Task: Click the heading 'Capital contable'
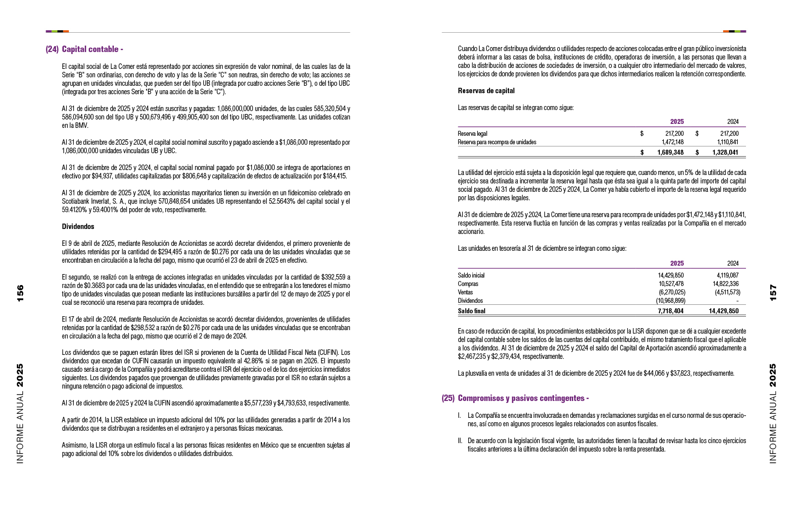click(x=92, y=49)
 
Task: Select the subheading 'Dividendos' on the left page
click(x=78, y=227)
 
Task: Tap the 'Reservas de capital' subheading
click(x=486, y=91)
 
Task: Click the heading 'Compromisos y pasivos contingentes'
click(x=523, y=398)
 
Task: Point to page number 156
click(x=20, y=293)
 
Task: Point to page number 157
click(x=773, y=292)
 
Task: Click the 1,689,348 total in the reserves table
click(x=670, y=153)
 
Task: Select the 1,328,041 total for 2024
click(x=725, y=153)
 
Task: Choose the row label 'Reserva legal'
click(x=472, y=133)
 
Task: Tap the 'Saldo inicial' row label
click(x=471, y=276)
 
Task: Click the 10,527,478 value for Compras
click(x=671, y=284)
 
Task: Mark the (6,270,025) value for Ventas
click(x=671, y=292)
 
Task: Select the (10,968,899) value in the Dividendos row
click(x=670, y=301)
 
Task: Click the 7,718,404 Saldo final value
click(x=671, y=311)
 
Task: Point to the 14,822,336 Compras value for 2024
click(x=725, y=284)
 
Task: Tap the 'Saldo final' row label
click(x=471, y=311)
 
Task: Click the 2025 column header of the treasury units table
click(x=677, y=264)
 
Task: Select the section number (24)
click(x=52, y=49)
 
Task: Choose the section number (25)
click(x=448, y=398)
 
